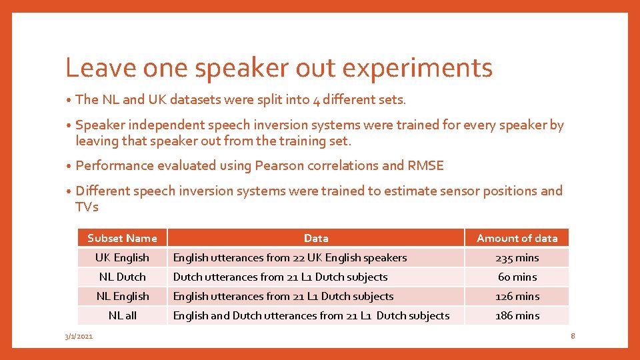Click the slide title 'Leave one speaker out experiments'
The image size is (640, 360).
pos(279,68)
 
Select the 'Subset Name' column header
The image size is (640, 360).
pos(122,238)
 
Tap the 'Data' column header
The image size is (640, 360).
pos(315,238)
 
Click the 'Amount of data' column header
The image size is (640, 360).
pos(517,238)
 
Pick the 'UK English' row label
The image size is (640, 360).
pos(122,257)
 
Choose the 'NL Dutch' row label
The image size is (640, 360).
pos(122,277)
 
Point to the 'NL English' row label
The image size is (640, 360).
pos(122,296)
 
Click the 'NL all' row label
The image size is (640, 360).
pos(122,315)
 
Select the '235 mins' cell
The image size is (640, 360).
pos(517,257)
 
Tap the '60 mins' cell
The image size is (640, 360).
pos(517,277)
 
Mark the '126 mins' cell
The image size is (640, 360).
pos(517,296)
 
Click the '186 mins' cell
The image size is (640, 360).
pos(517,315)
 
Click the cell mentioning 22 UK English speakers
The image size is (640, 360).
pos(290,257)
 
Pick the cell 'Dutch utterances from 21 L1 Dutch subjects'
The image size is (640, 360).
pos(280,277)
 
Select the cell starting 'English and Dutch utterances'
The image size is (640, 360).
pos(311,315)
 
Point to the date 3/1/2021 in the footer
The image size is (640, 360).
pos(79,337)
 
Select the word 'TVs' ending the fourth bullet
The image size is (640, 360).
pos(87,207)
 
